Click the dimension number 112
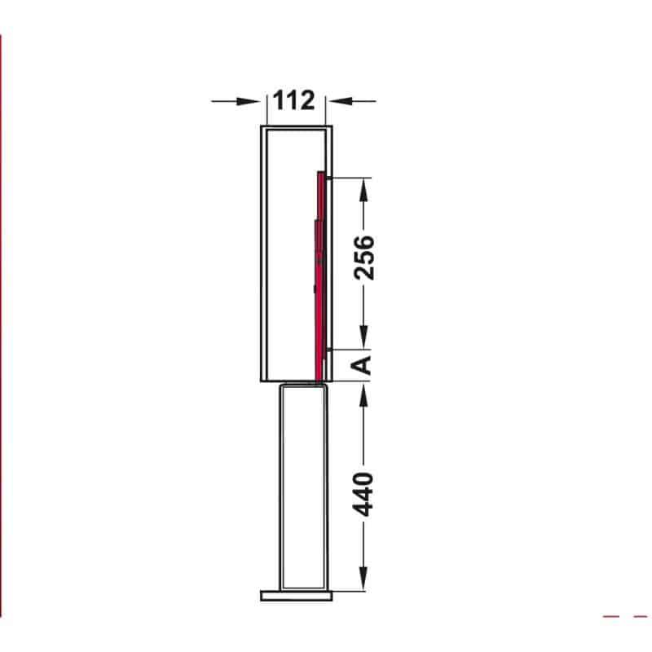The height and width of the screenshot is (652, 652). (x=293, y=100)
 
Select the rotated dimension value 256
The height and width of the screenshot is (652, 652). (x=364, y=258)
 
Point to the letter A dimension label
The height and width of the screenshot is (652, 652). (x=364, y=363)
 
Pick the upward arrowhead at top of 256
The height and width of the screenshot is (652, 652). (x=364, y=186)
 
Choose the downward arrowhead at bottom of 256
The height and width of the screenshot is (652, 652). (x=364, y=338)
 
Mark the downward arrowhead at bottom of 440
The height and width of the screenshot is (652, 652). (x=364, y=580)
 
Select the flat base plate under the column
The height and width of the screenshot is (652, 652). (x=297, y=596)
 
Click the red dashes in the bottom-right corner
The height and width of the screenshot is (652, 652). (x=623, y=616)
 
